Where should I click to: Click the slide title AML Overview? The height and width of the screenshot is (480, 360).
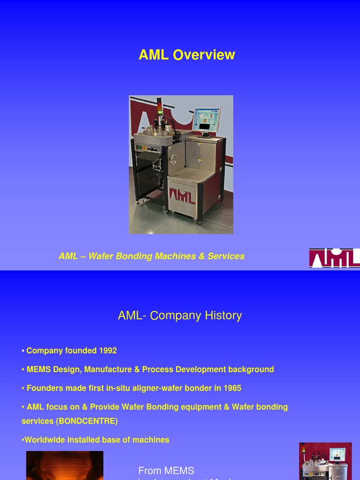point(187,55)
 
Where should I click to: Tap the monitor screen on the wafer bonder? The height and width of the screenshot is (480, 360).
point(206,120)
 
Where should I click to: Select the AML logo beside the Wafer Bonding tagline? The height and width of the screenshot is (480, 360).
point(334,258)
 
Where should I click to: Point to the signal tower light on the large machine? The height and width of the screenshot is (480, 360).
point(159,107)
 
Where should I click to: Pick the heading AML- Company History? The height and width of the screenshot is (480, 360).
point(180,315)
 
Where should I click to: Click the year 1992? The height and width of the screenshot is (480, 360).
point(108,351)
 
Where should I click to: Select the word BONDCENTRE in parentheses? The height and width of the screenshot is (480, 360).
point(87,421)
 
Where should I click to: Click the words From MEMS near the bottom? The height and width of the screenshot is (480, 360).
point(166,471)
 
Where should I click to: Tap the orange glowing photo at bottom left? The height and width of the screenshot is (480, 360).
point(65,465)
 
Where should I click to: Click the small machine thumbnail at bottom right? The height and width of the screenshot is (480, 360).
point(325,461)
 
